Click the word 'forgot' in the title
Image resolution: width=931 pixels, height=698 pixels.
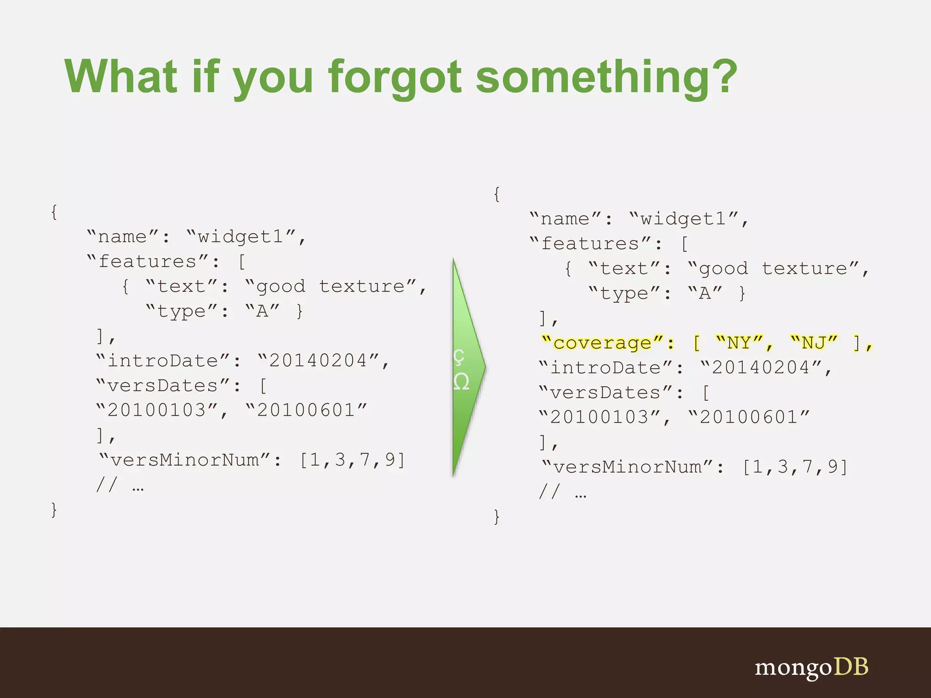click(x=395, y=77)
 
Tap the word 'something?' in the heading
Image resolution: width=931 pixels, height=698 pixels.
click(x=606, y=77)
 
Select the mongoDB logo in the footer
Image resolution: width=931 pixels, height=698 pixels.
click(x=811, y=668)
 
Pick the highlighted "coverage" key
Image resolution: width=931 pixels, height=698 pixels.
click(x=602, y=343)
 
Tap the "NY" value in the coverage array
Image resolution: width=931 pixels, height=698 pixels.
click(x=739, y=343)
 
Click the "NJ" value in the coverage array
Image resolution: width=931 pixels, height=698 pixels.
click(x=814, y=343)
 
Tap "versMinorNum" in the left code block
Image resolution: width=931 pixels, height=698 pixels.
click(x=185, y=460)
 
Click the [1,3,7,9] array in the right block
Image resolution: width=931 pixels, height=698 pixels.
click(x=795, y=467)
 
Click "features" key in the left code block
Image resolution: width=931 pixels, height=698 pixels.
click(x=147, y=262)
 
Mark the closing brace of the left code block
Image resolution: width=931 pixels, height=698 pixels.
click(x=54, y=510)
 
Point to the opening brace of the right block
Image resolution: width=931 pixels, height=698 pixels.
click(x=497, y=194)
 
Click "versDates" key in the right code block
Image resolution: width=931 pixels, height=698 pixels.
click(x=605, y=393)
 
